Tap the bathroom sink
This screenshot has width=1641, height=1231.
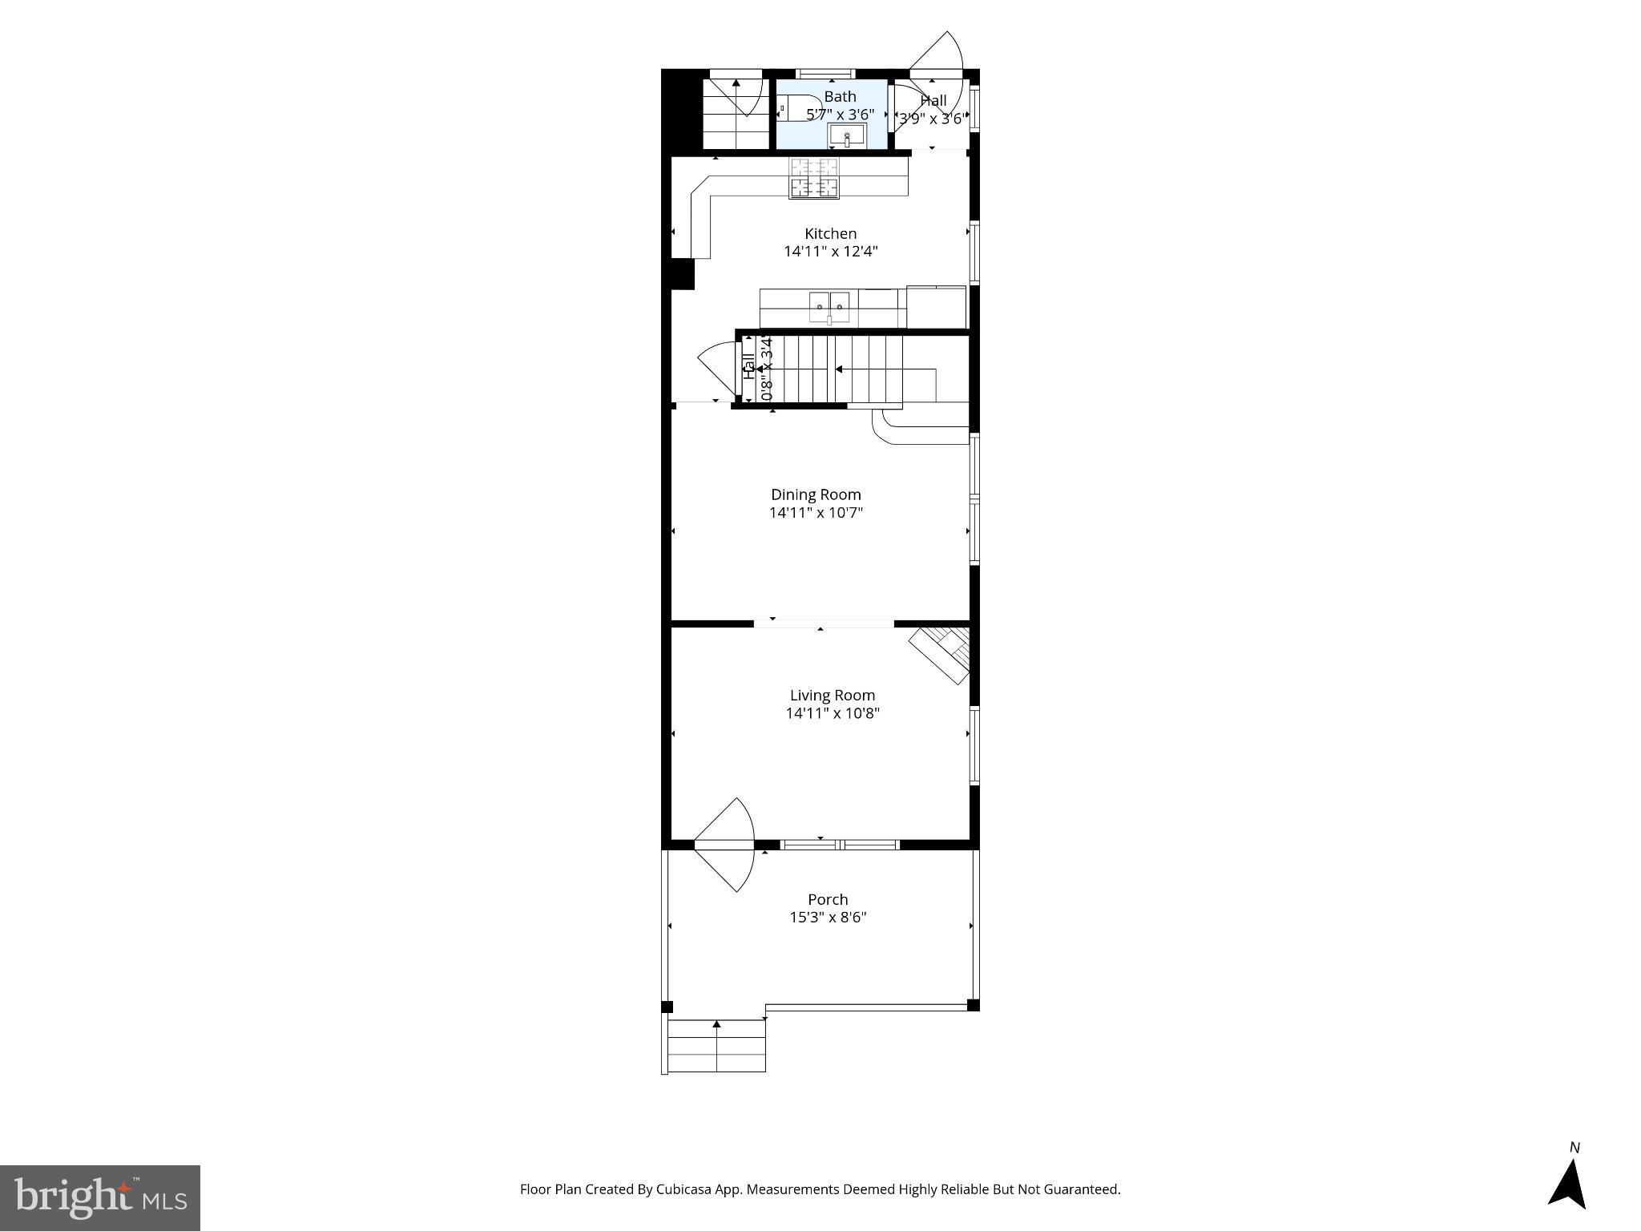(847, 135)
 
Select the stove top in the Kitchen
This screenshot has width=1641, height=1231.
(814, 178)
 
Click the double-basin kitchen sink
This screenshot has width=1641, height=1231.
(829, 305)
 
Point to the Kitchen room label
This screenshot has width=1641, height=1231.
(830, 233)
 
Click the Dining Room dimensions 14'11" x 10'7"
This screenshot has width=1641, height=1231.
(816, 513)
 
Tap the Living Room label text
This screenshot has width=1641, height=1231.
(832, 696)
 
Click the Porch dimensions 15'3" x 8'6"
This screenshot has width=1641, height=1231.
(828, 918)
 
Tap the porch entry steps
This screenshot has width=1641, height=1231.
(716, 1046)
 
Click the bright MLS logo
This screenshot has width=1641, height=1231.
(100, 1197)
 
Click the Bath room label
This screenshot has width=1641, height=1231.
(840, 97)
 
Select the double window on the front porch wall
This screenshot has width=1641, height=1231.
(840, 844)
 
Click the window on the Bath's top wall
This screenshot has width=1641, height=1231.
(825, 74)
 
